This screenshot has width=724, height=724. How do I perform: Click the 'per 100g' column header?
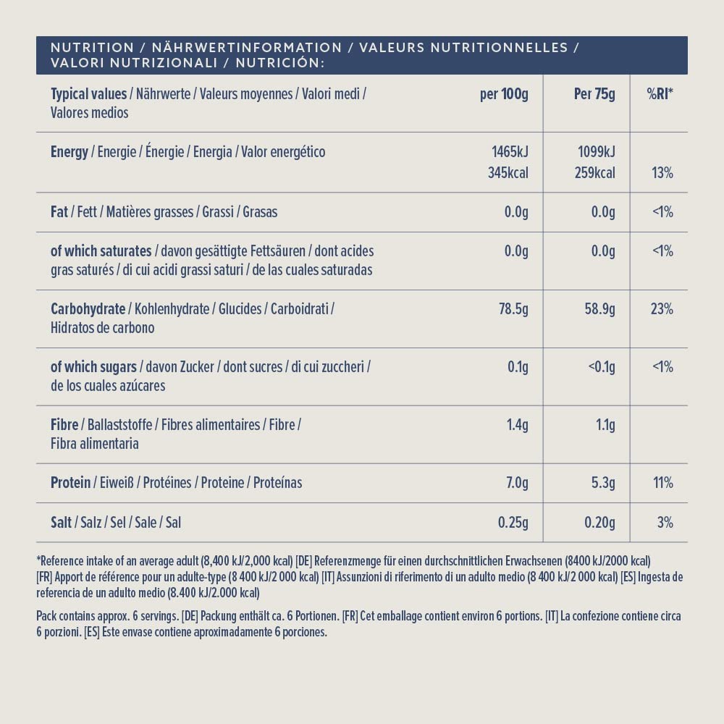point(504,94)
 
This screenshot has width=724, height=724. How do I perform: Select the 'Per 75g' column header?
point(594,94)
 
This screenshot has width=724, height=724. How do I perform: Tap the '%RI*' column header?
point(660,94)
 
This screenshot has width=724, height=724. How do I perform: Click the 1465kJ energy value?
point(510,152)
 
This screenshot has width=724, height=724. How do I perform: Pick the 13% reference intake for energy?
point(662,173)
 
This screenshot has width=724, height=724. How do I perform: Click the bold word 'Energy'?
point(70,152)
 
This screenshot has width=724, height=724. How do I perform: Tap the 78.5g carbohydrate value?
point(513,309)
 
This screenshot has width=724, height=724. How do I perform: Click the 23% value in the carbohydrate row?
point(662,309)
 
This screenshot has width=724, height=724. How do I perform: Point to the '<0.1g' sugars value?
point(602,367)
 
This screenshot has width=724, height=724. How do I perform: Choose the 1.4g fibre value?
point(517,425)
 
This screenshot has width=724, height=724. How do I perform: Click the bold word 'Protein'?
point(70,483)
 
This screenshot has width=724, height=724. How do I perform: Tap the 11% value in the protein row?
point(662,483)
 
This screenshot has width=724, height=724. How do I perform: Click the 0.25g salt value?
point(513,522)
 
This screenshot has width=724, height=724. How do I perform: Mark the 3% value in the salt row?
point(665,522)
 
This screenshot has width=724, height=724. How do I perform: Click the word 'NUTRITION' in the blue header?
point(92,48)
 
